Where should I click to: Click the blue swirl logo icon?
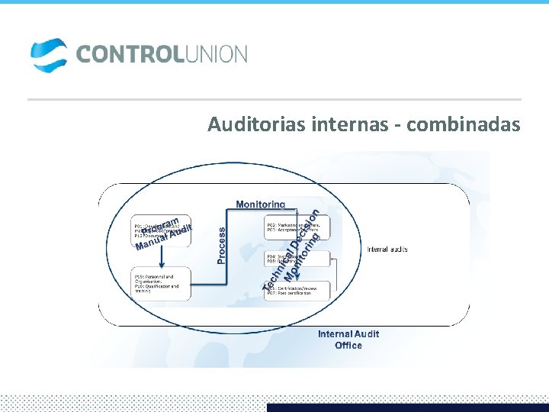pyautogui.click(x=49, y=56)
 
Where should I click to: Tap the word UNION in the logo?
pyautogui.click(x=214, y=55)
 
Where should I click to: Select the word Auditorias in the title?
pyautogui.click(x=256, y=124)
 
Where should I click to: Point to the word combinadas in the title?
pyautogui.click(x=464, y=124)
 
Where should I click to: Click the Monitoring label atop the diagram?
pyautogui.click(x=261, y=204)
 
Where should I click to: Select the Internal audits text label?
pyautogui.click(x=387, y=249)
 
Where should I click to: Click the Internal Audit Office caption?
pyautogui.click(x=348, y=340)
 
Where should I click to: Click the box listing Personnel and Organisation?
pyautogui.click(x=160, y=285)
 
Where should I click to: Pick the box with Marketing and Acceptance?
pyautogui.click(x=295, y=230)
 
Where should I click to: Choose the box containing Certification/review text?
pyautogui.click(x=297, y=291)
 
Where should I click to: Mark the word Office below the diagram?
pyautogui.click(x=348, y=346)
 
